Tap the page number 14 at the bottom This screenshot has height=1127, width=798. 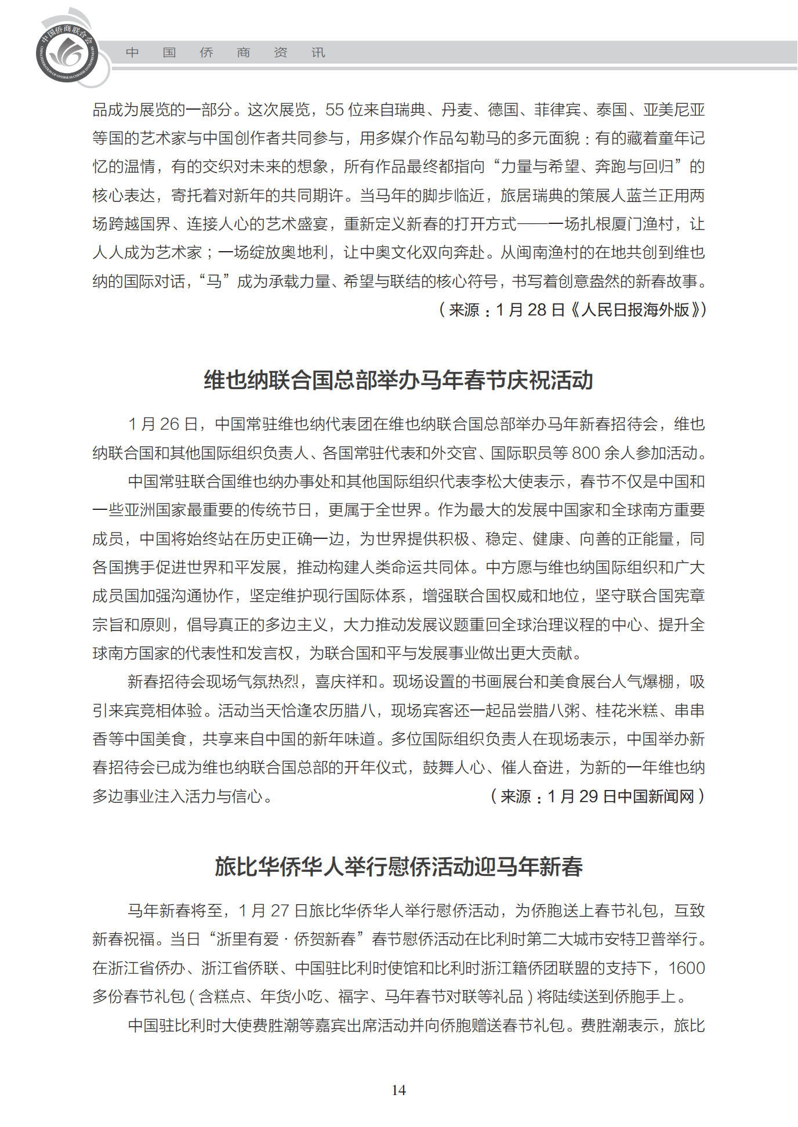(x=398, y=1090)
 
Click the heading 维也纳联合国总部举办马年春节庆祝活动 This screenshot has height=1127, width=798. (x=398, y=381)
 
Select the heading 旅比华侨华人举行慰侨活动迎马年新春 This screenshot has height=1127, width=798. (x=398, y=867)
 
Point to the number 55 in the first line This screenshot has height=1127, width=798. (x=335, y=110)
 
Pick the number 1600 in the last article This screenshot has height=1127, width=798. (x=686, y=968)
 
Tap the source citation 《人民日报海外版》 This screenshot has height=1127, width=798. (x=635, y=310)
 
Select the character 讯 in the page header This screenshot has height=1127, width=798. (x=318, y=53)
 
